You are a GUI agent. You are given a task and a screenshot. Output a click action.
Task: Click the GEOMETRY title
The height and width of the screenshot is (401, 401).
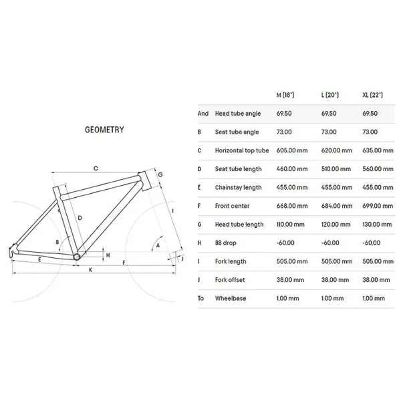click(x=104, y=130)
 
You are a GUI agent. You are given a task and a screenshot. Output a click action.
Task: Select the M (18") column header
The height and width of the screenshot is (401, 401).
click(x=285, y=95)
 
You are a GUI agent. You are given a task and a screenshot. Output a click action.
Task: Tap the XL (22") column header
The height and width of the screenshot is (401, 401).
click(x=373, y=95)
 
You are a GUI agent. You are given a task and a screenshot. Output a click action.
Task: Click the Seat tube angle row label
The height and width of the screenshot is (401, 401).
click(x=237, y=132)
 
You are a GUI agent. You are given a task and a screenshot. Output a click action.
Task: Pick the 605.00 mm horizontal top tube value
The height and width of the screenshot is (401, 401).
click(x=292, y=150)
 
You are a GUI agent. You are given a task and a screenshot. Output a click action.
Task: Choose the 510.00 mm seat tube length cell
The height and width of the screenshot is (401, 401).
click(x=336, y=169)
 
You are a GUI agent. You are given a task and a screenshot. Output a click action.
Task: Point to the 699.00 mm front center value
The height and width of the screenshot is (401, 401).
click(x=378, y=206)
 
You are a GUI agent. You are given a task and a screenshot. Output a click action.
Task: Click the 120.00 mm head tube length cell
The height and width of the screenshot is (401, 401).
click(x=336, y=225)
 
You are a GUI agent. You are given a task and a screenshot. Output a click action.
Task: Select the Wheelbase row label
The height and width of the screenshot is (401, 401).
click(x=231, y=298)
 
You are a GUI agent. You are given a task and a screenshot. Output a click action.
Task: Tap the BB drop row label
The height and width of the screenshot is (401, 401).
click(x=226, y=243)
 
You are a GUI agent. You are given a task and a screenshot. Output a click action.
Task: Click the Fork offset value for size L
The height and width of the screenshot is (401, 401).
click(x=335, y=280)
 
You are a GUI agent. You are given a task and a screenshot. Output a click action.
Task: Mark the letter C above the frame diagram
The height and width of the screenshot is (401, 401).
click(x=96, y=168)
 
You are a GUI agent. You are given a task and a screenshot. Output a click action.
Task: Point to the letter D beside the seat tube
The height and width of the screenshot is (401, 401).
click(x=80, y=218)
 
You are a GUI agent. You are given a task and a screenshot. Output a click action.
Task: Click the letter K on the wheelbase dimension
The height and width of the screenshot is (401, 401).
click(x=90, y=270)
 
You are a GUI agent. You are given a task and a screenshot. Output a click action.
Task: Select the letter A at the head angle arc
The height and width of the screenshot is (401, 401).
click(x=158, y=245)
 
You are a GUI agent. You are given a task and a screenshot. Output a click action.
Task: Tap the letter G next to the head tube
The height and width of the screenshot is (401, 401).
click(x=160, y=174)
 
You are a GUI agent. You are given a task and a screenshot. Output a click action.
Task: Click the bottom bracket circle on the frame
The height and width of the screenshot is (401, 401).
click(x=77, y=257)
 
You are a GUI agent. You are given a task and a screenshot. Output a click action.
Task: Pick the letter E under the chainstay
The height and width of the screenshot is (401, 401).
click(x=39, y=260)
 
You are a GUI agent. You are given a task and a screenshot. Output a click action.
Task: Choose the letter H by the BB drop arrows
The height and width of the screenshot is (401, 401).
click(x=108, y=255)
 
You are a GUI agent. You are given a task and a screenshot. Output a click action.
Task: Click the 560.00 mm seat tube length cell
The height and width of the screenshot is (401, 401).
click(x=378, y=169)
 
